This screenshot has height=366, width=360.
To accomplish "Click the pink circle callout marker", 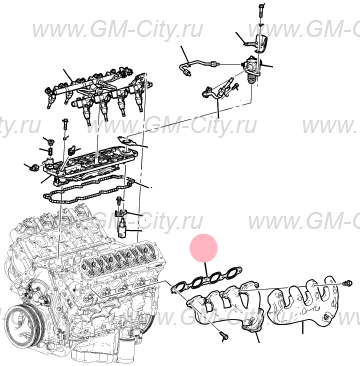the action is pyautogui.click(x=204, y=248).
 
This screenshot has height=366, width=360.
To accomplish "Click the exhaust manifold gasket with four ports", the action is pyautogui.click(x=208, y=279).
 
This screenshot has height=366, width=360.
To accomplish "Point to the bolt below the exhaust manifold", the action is pyautogui.click(x=223, y=336).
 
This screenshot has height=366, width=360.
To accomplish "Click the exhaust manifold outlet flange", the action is pyautogui.click(x=254, y=324).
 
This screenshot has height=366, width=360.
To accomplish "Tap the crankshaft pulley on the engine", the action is pyautogui.click(x=24, y=324).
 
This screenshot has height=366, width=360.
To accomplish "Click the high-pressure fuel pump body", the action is pyautogui.click(x=251, y=68).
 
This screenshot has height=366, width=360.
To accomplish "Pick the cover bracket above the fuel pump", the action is pyautogui.click(x=260, y=42).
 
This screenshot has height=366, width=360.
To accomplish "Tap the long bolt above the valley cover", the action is pyautogui.click(x=65, y=129).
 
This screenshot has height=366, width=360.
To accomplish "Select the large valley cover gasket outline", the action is pyautogui.click(x=89, y=190).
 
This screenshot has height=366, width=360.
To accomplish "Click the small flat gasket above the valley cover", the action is pyautogui.click(x=127, y=140).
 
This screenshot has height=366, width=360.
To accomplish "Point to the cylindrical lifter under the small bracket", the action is pyautogui.click(x=123, y=229).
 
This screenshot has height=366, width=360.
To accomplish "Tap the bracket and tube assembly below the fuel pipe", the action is pyautogui.click(x=220, y=89).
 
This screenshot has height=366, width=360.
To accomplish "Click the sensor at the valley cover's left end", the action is pyautogui.click(x=32, y=167).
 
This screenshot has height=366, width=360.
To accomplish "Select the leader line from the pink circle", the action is pyautogui.click(x=207, y=270).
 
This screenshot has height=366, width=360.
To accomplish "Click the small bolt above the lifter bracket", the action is pyautogui.click(x=118, y=201).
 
